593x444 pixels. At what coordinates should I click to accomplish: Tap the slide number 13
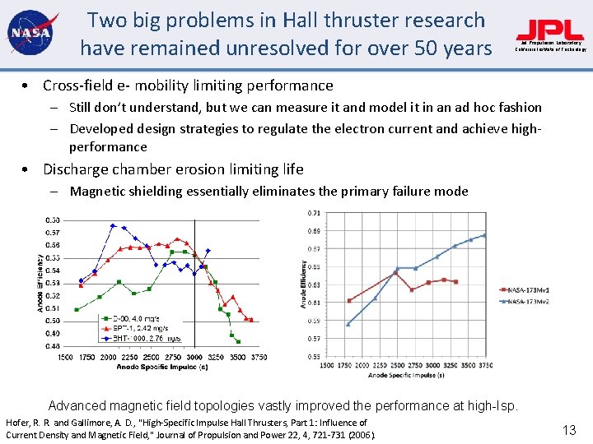pos(568,429)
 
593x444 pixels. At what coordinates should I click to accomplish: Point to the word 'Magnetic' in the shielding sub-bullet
pos(96,192)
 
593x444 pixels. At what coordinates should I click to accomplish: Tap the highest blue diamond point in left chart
pos(113,225)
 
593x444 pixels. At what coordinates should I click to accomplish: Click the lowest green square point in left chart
pos(238,340)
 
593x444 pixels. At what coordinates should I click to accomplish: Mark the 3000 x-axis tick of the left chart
pos(194,358)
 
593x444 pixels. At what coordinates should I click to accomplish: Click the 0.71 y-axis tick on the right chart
pos(314,213)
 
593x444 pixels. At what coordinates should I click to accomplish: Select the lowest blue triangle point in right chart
pos(348,324)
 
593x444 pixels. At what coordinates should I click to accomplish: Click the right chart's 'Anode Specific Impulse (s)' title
pos(406,375)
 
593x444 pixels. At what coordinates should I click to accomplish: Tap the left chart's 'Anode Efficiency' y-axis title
pos(40,282)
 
